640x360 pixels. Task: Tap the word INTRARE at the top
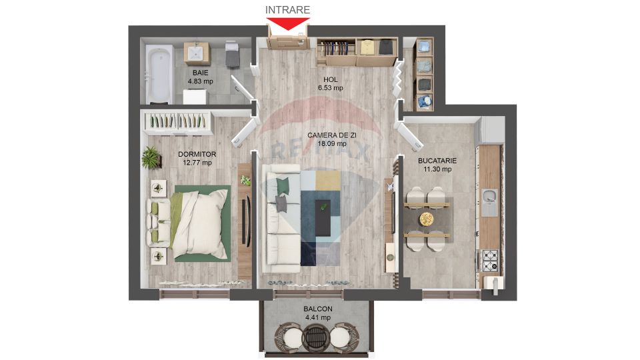point(288,9)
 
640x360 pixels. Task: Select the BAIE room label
point(199,72)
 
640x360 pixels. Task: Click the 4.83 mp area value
point(199,81)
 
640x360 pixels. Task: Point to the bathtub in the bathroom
point(158,75)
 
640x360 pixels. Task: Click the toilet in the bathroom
point(232,54)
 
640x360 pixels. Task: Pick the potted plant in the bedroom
point(151,157)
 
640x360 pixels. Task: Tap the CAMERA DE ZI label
point(331,135)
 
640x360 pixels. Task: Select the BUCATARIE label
point(437,161)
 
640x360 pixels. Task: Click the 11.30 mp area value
point(437,169)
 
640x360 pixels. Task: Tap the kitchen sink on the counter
point(490,197)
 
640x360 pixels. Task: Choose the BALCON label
point(317,309)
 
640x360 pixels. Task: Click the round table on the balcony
point(317,337)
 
